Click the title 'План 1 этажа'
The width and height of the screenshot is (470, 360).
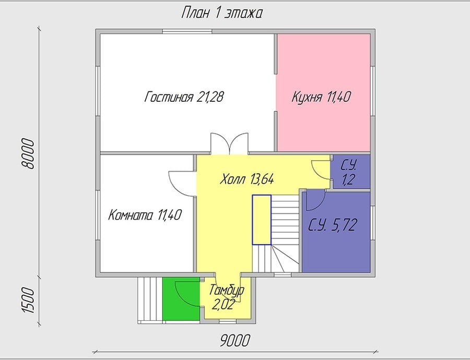coord(221,14)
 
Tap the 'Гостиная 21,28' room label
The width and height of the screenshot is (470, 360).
coord(184,97)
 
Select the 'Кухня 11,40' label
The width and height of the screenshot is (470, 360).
coord(321,97)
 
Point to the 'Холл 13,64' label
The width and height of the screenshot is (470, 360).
coord(246,179)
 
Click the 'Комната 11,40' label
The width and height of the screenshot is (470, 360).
coord(145,215)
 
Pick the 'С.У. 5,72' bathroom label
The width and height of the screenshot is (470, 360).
coord(333,225)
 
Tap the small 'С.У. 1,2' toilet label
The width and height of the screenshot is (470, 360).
coord(349,173)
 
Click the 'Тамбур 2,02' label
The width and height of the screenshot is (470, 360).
coord(227,297)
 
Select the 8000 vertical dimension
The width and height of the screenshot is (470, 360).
coord(29,153)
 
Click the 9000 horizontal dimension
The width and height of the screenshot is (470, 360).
coord(235,341)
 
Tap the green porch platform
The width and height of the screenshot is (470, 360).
coord(181,298)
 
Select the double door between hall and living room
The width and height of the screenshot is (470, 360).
coord(229,143)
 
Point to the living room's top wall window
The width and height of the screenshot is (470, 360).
coord(187,31)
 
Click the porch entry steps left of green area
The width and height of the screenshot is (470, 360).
coord(150,300)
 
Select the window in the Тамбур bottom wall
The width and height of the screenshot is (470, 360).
coord(228,321)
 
